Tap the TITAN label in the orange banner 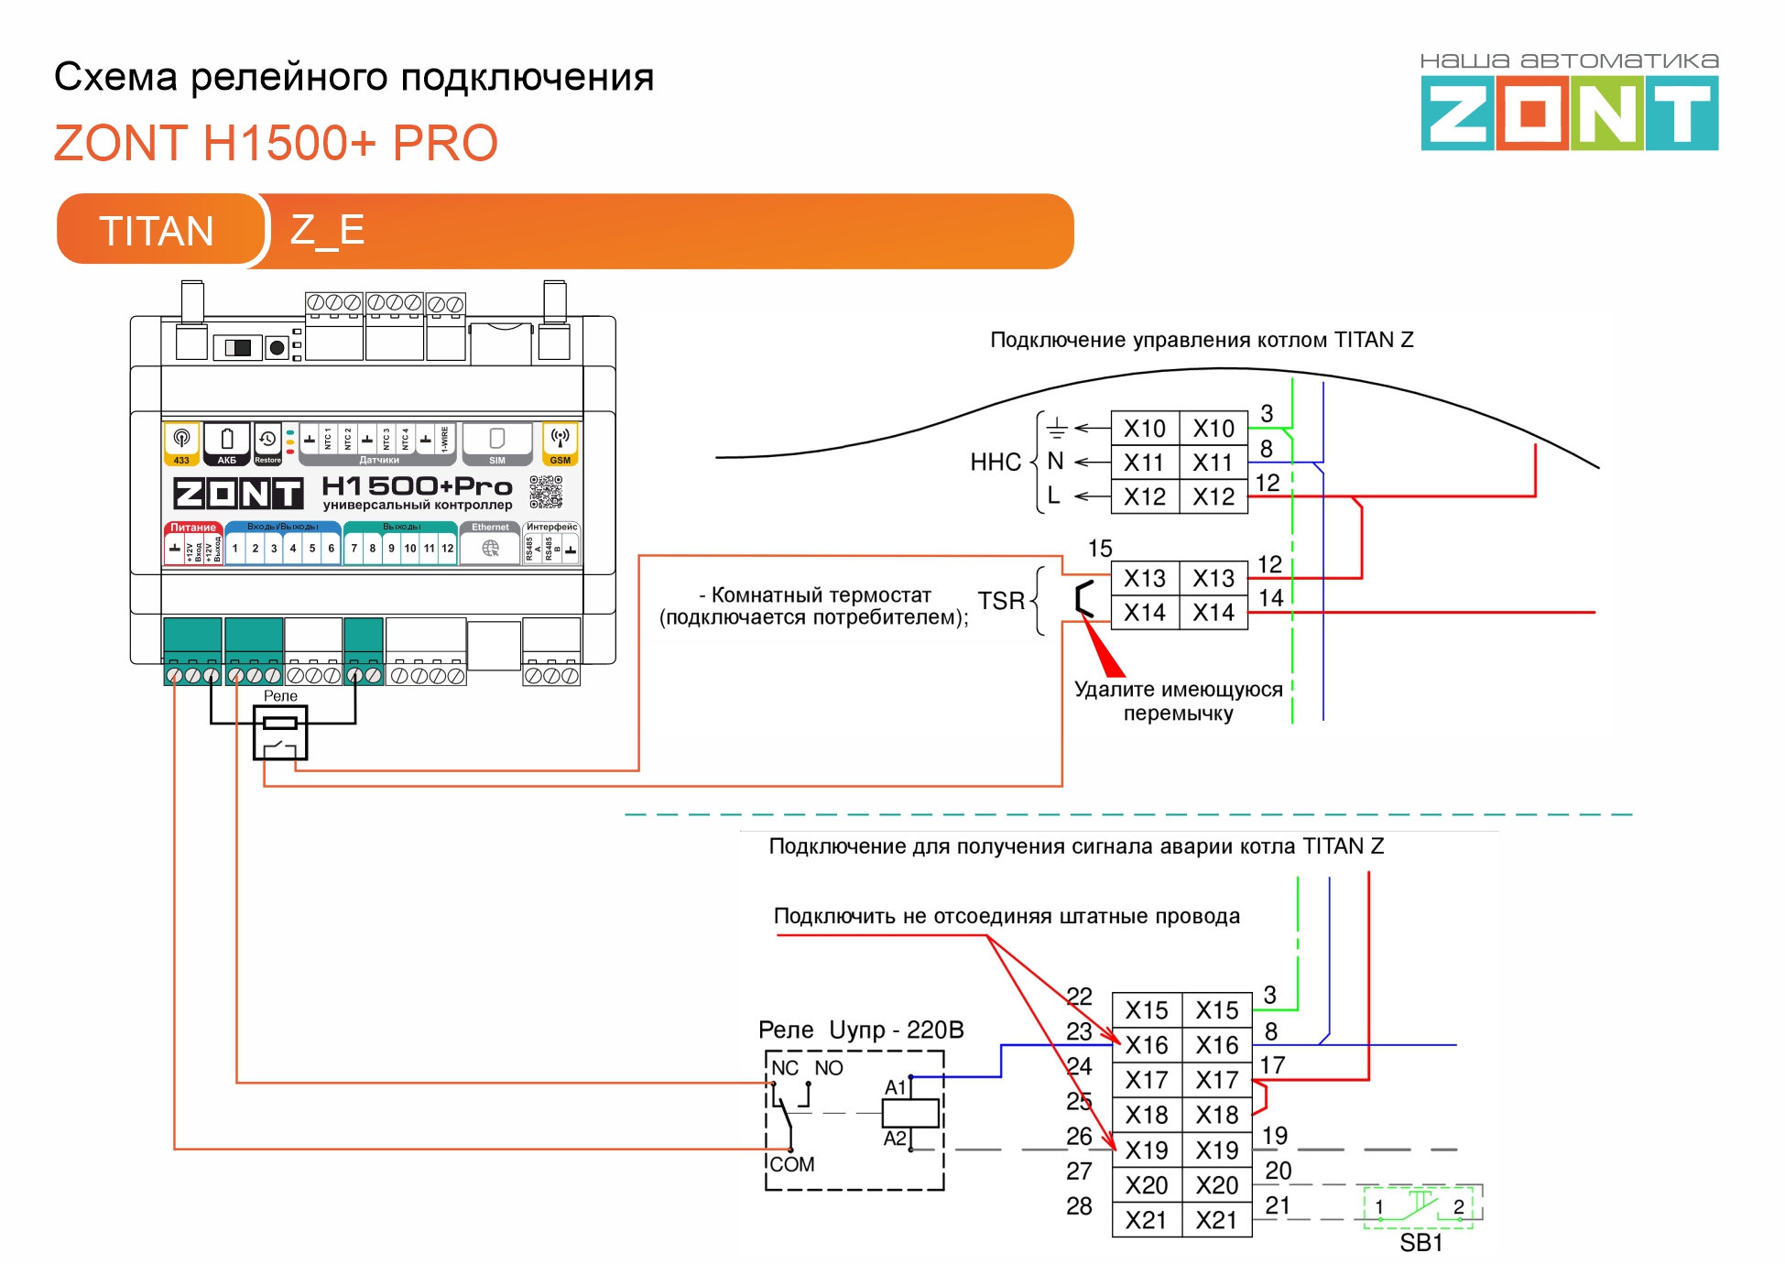pos(157,231)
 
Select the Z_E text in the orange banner pos(327,229)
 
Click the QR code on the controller pos(546,492)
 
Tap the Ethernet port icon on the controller pos(491,548)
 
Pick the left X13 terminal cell pos(1145,579)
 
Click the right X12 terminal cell pos(1214,497)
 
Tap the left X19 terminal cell pos(1147,1150)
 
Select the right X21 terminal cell pos(1216,1221)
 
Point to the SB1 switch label pos(1420,1243)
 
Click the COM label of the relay pos(792,1164)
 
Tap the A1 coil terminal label pos(895,1087)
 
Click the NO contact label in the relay pos(829,1068)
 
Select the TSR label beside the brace pos(1001,601)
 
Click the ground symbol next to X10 pos(1057,428)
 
